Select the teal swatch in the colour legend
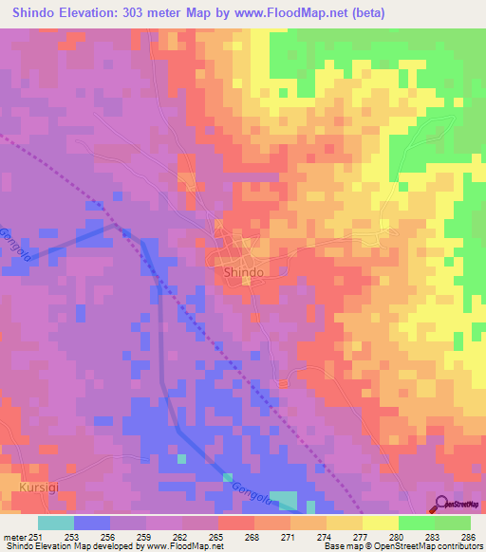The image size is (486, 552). [x=56, y=523]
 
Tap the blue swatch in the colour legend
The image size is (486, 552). [x=92, y=523]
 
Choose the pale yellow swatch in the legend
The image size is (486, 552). [x=381, y=523]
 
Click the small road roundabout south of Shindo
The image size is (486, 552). [x=282, y=382]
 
